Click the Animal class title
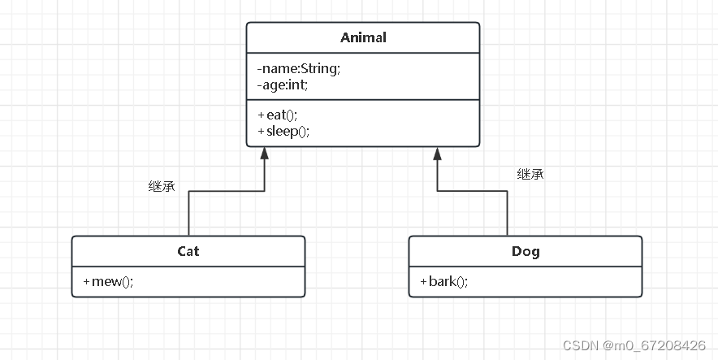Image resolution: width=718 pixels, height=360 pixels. coord(363,37)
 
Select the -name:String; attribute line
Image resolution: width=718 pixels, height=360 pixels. coord(298,68)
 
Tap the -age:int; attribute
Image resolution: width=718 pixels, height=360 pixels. coord(283,84)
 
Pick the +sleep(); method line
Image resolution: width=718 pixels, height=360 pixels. coord(283,130)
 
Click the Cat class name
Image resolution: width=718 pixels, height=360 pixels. coord(188,251)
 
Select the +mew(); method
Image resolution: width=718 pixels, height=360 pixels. coord(108,281)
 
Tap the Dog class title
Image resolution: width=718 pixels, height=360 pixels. coord(526,251)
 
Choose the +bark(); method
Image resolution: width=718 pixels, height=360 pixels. coord(444,281)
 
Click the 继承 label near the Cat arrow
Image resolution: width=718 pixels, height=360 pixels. coord(161,187)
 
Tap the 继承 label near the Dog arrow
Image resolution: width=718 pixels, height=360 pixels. coord(530,174)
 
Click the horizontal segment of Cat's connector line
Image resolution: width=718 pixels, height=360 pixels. coord(227,192)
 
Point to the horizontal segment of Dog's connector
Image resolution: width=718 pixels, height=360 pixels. coord(473,192)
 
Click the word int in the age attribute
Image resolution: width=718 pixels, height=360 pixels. coord(296,84)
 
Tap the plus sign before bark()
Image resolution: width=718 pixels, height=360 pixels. coord(423,281)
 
